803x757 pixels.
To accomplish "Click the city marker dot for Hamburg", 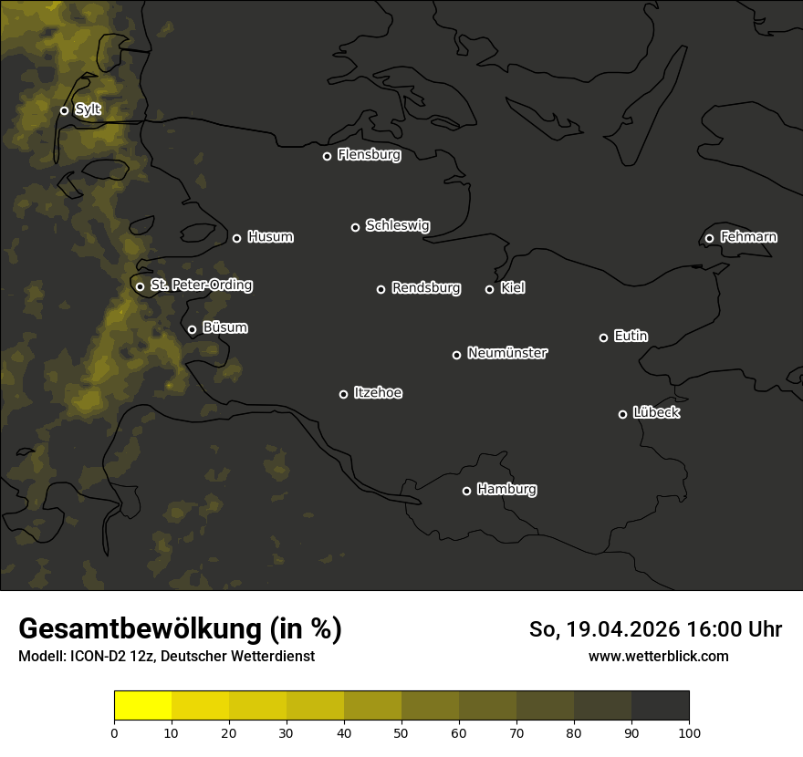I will pyautogui.click(x=466, y=491).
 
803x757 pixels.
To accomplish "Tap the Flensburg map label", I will pyautogui.click(x=369, y=155).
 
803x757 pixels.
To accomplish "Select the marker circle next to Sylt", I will pyautogui.click(x=64, y=110).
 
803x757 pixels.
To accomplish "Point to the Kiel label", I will pyautogui.click(x=513, y=288).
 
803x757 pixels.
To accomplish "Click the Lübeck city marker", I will pyautogui.click(x=622, y=414).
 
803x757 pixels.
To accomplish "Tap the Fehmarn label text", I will pyautogui.click(x=748, y=237).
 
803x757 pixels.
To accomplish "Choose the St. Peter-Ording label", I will pyautogui.click(x=201, y=285).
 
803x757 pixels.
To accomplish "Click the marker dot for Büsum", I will pyautogui.click(x=192, y=330).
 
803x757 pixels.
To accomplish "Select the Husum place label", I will pyautogui.click(x=270, y=237).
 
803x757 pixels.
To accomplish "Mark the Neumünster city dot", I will pyautogui.click(x=456, y=355).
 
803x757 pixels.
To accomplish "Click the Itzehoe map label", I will pyautogui.click(x=378, y=393).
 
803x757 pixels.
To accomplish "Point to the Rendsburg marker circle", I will pyautogui.click(x=381, y=289).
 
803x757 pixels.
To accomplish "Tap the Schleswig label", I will pyautogui.click(x=397, y=225).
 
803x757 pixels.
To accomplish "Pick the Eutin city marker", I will pyautogui.click(x=603, y=337).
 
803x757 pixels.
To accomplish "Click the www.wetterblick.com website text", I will pyautogui.click(x=658, y=656).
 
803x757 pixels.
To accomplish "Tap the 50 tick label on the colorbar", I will pyautogui.click(x=401, y=732).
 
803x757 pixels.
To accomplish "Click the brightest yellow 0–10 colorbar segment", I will pyautogui.click(x=142, y=706).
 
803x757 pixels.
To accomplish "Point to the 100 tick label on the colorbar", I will pyautogui.click(x=689, y=732).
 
